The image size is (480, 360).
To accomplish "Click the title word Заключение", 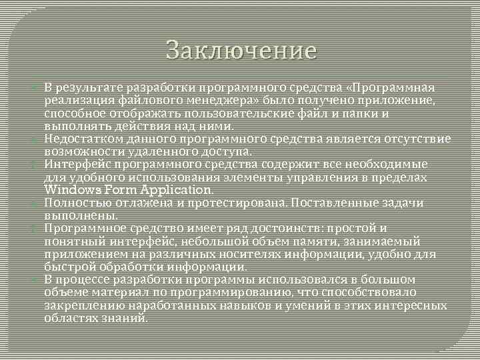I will coord(240,50).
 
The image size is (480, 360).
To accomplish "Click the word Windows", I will coord(69,190).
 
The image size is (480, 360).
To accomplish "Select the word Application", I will coord(173,190).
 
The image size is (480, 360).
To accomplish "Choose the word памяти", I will coord(306,241).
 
